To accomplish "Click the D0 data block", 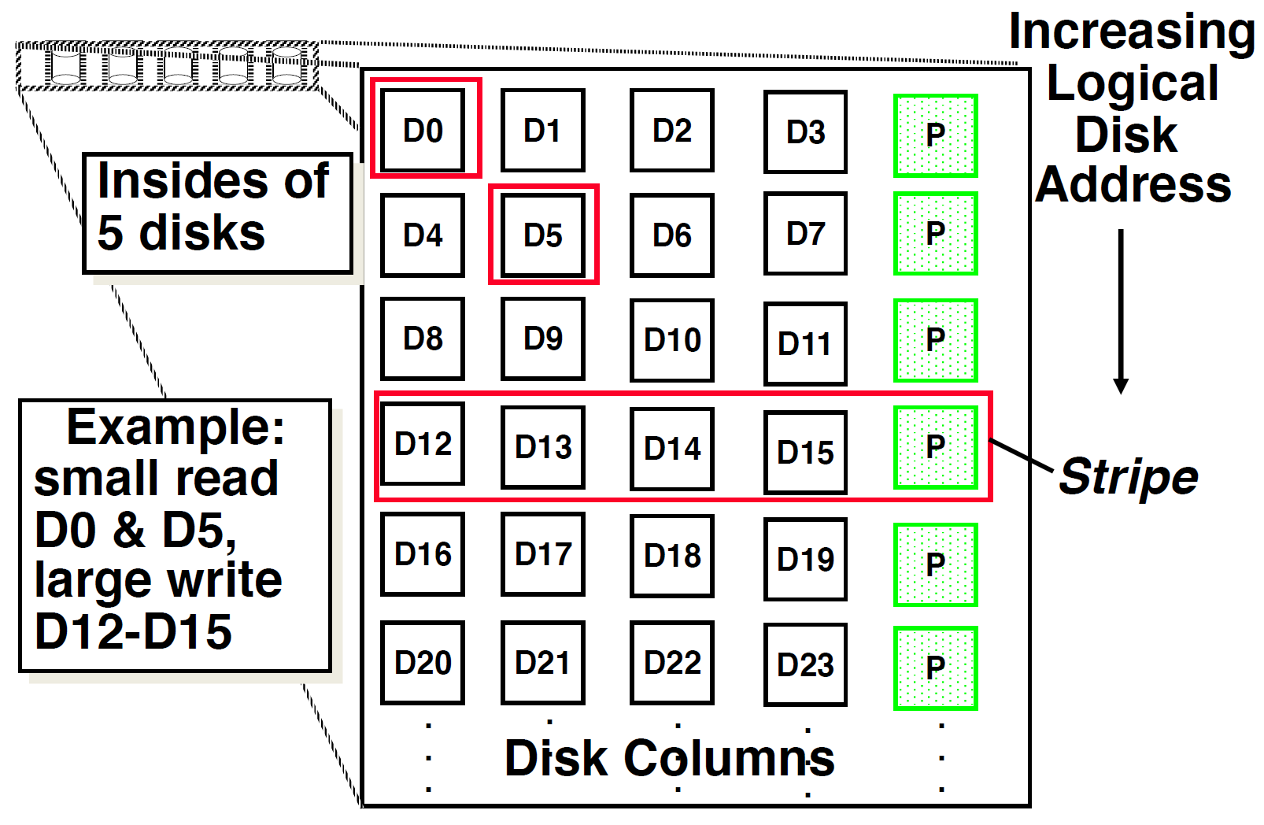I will click(x=423, y=130).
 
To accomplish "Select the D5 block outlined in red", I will click(x=543, y=235).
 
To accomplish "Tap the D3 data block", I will click(x=805, y=131).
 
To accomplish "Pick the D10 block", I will click(x=672, y=340).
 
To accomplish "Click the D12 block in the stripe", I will click(x=423, y=444).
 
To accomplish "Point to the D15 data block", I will click(x=805, y=453).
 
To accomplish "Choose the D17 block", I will click(x=543, y=554).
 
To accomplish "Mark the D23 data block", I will click(x=805, y=665).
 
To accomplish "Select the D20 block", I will click(x=423, y=663).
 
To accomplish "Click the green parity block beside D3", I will click(x=936, y=135).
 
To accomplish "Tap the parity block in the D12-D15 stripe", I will click(x=936, y=447).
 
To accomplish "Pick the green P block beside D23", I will click(x=936, y=668).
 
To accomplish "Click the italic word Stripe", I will click(x=1128, y=477).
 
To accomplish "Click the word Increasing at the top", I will click(x=1132, y=31).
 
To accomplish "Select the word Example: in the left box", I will click(x=176, y=427).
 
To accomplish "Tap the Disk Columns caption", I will click(x=669, y=758).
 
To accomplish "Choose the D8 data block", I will click(x=423, y=339).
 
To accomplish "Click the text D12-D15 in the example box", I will click(x=133, y=631).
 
